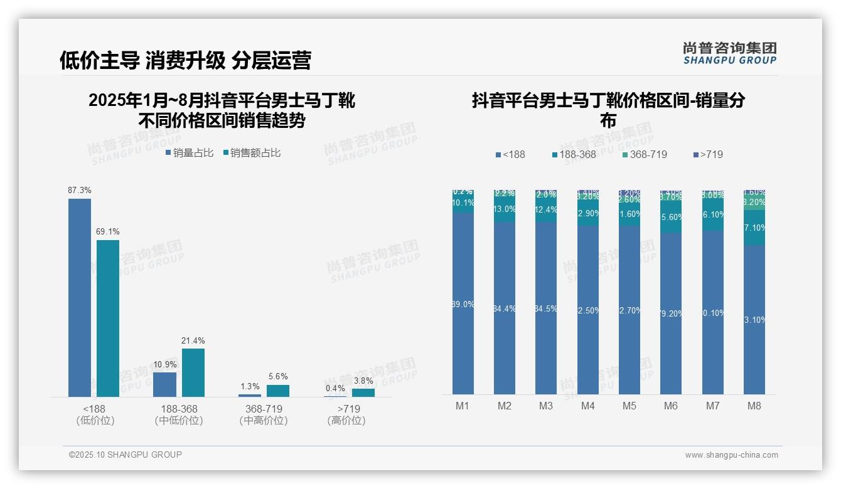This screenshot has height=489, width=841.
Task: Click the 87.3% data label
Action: coord(80,190)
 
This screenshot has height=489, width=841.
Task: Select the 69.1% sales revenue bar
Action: coord(108,318)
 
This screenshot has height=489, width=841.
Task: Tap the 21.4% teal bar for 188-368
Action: coord(193,372)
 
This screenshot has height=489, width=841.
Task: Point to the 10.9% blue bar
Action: coord(164,384)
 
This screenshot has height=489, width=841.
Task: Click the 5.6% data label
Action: coord(278,377)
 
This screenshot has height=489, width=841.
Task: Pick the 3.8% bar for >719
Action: coord(363,392)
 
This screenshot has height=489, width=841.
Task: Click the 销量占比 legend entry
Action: coord(190,153)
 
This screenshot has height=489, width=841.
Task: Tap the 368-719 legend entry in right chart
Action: coord(645,154)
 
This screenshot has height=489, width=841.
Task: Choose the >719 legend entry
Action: coord(708,154)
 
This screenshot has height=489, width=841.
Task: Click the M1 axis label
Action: coord(463,406)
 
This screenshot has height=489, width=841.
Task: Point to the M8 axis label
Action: coord(754,406)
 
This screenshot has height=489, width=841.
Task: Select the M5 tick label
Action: coord(629,406)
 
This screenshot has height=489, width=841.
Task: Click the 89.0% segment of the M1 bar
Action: coord(463,304)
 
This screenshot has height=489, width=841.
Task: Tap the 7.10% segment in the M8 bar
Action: coord(754,228)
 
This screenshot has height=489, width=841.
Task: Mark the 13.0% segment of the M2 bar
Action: coord(505,209)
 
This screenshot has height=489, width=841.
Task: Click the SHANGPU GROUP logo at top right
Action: coord(729,53)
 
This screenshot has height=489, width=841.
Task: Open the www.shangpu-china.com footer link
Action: coord(731,455)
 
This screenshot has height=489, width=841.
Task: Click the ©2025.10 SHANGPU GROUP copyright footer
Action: coord(126,455)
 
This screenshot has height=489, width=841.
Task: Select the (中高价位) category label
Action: coord(264,421)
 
